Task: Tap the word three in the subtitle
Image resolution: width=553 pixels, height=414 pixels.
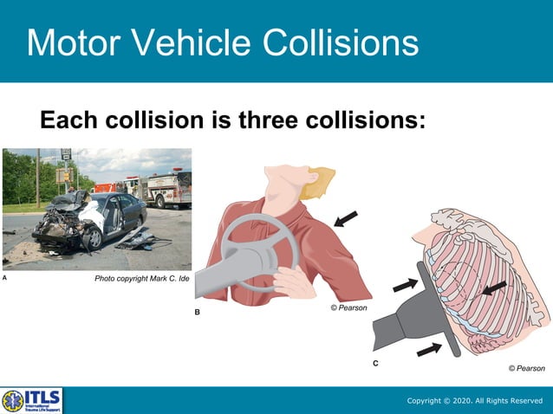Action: [x=274, y=119]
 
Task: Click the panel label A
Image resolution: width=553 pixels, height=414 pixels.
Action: [x=5, y=279]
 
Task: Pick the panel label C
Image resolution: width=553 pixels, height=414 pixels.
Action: [x=375, y=364]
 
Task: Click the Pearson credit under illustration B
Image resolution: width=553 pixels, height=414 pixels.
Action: [x=349, y=307]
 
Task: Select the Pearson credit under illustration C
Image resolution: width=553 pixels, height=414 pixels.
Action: [x=526, y=368]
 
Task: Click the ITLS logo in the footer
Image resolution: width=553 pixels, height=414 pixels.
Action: [x=32, y=400]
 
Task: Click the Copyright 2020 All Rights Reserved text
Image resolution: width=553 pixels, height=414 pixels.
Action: [x=475, y=401]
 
